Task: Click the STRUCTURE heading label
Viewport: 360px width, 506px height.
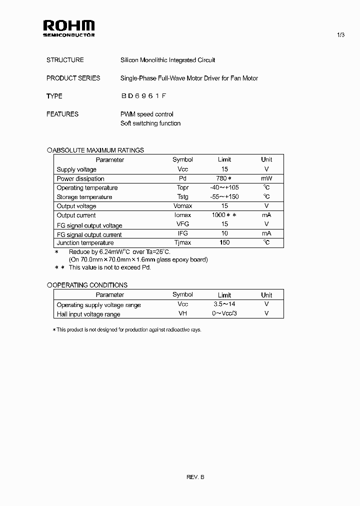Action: [x=65, y=60]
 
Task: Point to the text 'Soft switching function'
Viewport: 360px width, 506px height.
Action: [x=150, y=123]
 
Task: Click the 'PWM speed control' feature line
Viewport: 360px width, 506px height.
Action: [x=147, y=114]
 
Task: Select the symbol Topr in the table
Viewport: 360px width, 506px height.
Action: [x=182, y=187]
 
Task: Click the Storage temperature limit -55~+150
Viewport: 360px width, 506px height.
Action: [x=224, y=196]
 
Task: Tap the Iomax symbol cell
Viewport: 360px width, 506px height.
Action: [x=182, y=215]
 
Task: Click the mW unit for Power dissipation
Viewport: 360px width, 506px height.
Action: [x=266, y=178]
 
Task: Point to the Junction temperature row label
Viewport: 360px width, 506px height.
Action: [x=82, y=242]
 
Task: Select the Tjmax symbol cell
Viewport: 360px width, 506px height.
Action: [x=182, y=242]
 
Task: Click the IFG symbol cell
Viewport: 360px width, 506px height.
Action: [x=182, y=233]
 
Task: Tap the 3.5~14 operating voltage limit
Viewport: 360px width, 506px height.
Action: [x=224, y=304]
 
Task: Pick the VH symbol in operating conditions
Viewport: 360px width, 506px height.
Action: [x=182, y=313]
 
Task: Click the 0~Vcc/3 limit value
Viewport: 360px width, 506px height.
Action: [x=224, y=313]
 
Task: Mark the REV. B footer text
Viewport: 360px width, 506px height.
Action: [x=195, y=477]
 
